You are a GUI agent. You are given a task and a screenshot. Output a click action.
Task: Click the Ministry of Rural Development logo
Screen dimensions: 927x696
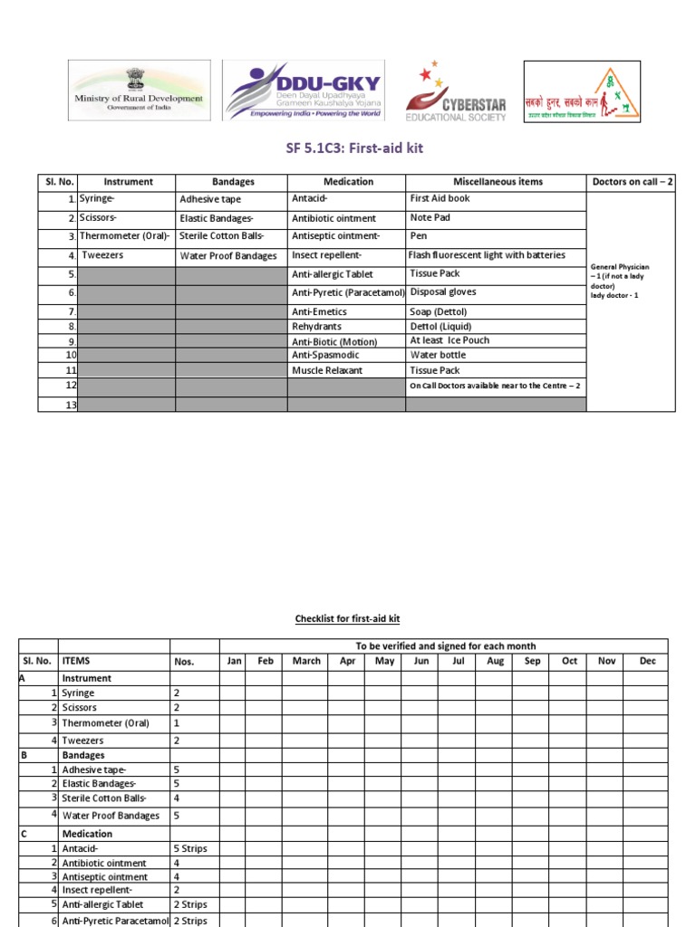pyautogui.click(x=139, y=91)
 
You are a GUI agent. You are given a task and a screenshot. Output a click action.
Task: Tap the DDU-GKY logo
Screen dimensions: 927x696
pyautogui.click(x=304, y=91)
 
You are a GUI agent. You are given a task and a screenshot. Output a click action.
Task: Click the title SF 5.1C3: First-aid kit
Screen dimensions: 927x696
pyautogui.click(x=347, y=147)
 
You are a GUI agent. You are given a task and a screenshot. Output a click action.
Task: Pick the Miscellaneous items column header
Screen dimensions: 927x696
pyautogui.click(x=498, y=182)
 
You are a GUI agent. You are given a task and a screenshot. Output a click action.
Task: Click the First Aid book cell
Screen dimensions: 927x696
pyautogui.click(x=440, y=198)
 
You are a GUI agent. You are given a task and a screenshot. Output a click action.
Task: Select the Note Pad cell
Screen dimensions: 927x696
pyautogui.click(x=430, y=218)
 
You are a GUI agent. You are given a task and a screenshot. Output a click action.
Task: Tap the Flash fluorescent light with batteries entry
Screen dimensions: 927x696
pyautogui.click(x=488, y=255)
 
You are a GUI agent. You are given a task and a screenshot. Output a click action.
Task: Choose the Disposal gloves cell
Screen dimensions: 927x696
pyautogui.click(x=443, y=292)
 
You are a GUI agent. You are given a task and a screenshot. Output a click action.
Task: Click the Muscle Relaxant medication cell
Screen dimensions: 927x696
pyautogui.click(x=327, y=370)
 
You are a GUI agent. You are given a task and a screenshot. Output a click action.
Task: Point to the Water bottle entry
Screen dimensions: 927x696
pyautogui.click(x=437, y=356)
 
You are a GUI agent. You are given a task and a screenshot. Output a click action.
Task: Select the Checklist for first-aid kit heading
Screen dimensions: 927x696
pyautogui.click(x=347, y=619)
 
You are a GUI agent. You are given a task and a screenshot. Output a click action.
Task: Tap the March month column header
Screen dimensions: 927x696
pyautogui.click(x=306, y=661)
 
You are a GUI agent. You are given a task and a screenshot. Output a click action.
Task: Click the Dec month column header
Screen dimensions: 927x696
pyautogui.click(x=647, y=661)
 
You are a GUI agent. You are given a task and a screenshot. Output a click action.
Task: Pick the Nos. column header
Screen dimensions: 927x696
pyautogui.click(x=184, y=662)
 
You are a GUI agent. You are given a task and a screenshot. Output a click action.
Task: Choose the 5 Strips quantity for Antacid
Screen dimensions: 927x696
pyautogui.click(x=190, y=849)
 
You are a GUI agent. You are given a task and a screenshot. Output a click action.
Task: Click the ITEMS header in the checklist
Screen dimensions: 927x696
pyautogui.click(x=76, y=661)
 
